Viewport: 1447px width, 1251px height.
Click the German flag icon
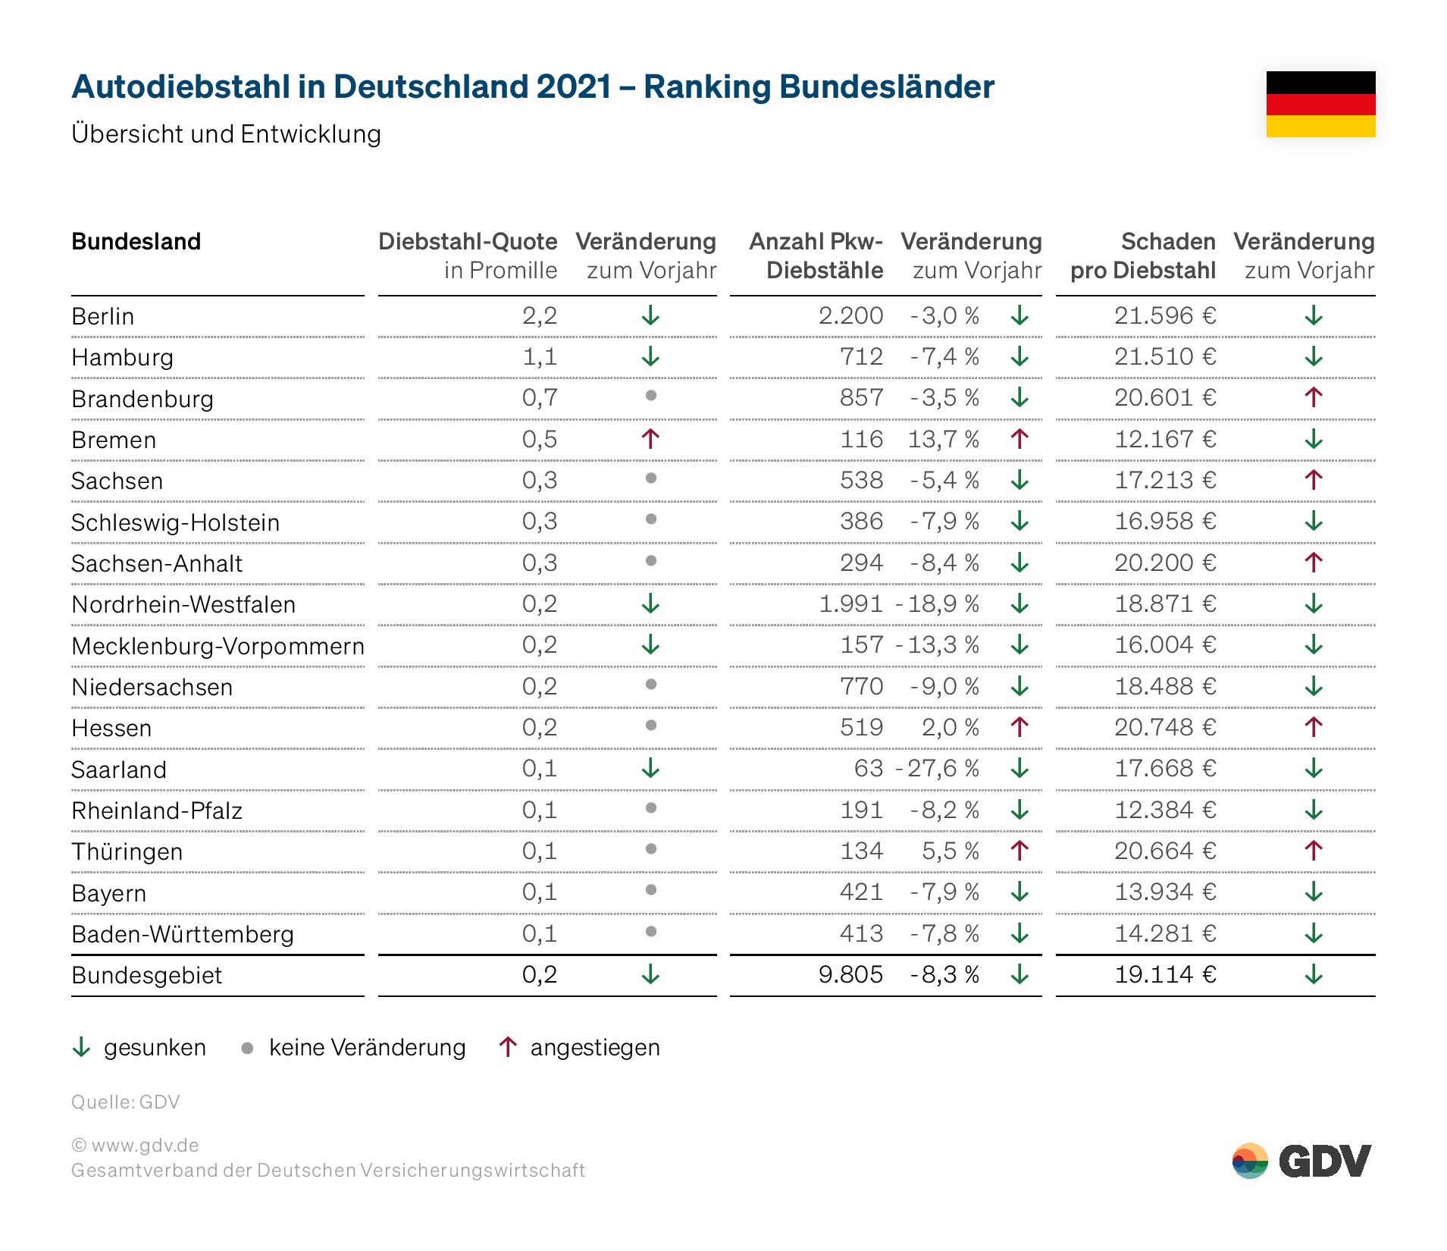coord(1320,104)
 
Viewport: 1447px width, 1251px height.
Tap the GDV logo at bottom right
coord(1301,1161)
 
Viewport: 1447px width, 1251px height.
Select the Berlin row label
coord(102,316)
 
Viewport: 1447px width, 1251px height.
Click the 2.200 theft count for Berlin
coord(850,315)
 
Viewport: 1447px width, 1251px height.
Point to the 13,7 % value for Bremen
coord(943,439)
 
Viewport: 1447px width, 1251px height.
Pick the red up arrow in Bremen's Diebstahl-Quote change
coord(650,438)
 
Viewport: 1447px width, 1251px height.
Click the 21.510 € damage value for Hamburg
coord(1164,356)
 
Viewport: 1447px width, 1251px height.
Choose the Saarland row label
coord(118,770)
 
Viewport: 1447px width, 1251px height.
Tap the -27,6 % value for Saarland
coord(937,768)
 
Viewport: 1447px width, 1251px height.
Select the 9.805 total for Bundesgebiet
coord(850,974)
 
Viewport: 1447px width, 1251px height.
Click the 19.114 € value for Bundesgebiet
coord(1164,974)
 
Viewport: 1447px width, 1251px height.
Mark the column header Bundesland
coord(136,241)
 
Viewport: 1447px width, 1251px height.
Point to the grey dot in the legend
coord(247,1048)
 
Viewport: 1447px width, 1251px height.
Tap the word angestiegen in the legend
coord(595,1048)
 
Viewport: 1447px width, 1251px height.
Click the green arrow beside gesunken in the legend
coord(81,1047)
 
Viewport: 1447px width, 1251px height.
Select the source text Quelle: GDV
coord(125,1102)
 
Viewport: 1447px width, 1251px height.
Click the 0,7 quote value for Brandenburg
coord(539,397)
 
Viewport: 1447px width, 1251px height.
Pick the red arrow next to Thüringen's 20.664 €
coord(1314,851)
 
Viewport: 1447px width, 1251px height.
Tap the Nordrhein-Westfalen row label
coord(183,604)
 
